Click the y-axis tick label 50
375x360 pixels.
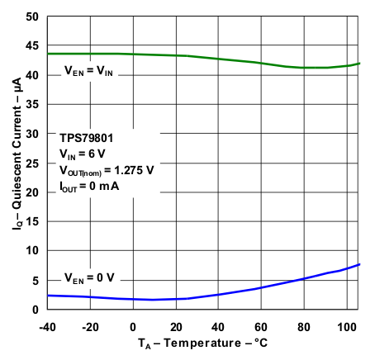(32, 17)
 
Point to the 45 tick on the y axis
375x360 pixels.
(32, 46)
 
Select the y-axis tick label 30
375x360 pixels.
(32, 134)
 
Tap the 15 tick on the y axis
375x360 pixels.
(32, 221)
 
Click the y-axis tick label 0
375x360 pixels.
(36, 309)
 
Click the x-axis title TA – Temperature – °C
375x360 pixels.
(202, 341)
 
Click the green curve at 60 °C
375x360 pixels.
(261, 63)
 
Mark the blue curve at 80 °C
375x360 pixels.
(304, 278)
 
